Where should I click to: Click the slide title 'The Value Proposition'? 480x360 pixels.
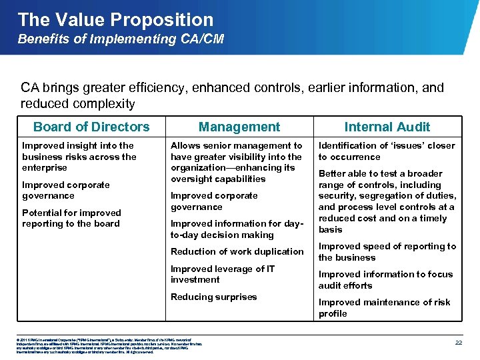(116, 19)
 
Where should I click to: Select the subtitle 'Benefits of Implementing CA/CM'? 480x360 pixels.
(121, 39)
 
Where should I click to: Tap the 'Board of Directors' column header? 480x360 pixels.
(91, 127)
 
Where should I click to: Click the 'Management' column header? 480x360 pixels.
(239, 127)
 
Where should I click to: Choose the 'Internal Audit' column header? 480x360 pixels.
(387, 127)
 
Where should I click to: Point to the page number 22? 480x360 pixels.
(458, 342)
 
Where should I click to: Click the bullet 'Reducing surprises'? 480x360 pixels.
(213, 297)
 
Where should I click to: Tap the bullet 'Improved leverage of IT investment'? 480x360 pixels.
(222, 274)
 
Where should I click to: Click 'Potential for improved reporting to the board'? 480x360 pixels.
(71, 218)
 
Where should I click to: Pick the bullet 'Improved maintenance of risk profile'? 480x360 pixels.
(384, 307)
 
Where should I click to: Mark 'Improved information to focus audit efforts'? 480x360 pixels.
(385, 279)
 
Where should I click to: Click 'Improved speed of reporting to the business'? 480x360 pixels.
(387, 251)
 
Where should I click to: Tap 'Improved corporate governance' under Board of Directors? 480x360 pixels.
(66, 190)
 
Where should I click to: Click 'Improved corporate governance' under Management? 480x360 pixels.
(214, 201)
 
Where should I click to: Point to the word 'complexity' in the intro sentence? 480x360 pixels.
(105, 104)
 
